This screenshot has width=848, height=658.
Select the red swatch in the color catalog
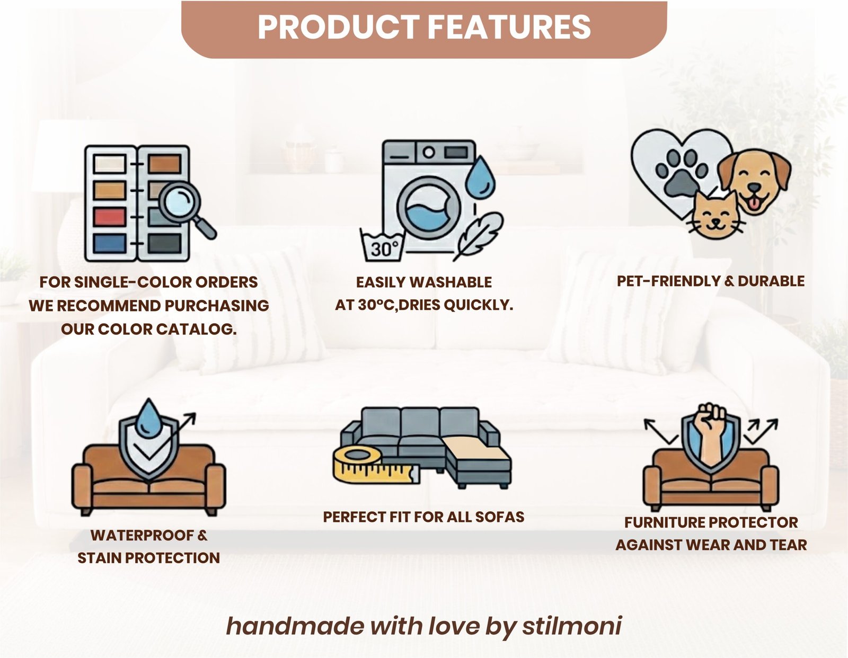coord(110,217)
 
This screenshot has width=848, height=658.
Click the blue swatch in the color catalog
coord(110,243)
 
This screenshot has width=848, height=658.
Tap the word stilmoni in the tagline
coord(572,626)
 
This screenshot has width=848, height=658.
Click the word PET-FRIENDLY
coord(668,281)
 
